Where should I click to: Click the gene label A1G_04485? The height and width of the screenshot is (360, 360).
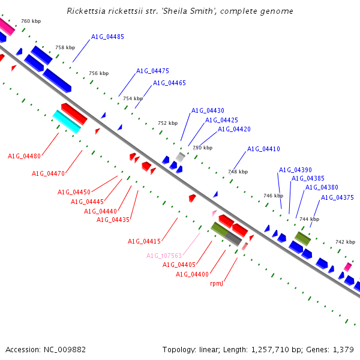pyautogui.click(x=107, y=37)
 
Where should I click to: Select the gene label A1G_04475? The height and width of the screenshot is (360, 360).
pyautogui.click(x=152, y=71)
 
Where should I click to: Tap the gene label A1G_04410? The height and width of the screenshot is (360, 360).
pyautogui.click(x=263, y=149)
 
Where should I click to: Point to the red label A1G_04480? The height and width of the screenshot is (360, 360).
pyautogui.click(x=24, y=156)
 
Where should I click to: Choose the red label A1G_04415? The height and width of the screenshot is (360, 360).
pyautogui.click(x=144, y=241)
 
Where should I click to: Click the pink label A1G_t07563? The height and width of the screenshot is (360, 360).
pyautogui.click(x=164, y=256)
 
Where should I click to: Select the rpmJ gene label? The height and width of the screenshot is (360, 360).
pyautogui.click(x=217, y=283)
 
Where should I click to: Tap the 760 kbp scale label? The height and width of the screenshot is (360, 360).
pyautogui.click(x=31, y=21)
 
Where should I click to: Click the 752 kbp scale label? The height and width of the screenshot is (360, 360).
pyautogui.click(x=168, y=123)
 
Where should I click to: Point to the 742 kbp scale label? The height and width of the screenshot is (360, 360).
pyautogui.click(x=345, y=242)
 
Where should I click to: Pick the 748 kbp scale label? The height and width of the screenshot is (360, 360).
pyautogui.click(x=238, y=172)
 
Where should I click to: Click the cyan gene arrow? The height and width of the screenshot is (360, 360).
pyautogui.click(x=67, y=121)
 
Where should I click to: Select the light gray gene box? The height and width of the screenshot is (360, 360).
pyautogui.click(x=180, y=157)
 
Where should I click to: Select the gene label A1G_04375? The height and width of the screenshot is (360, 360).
pyautogui.click(x=337, y=197)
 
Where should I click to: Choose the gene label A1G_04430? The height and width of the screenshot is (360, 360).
pyautogui.click(x=208, y=110)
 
